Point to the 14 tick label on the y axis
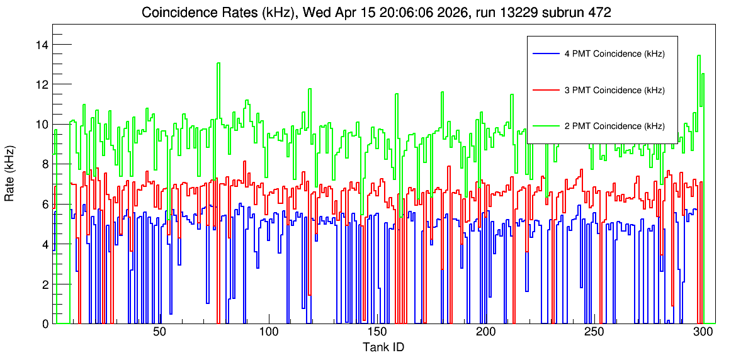click(x=42, y=45)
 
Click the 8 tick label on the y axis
click(x=45, y=164)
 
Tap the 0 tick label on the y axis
click(x=45, y=324)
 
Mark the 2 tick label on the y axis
click(x=45, y=284)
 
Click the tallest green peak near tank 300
click(x=699, y=55)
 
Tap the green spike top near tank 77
click(x=218, y=63)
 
